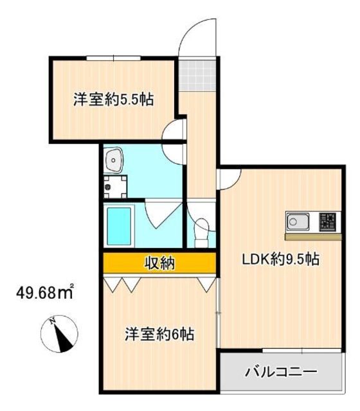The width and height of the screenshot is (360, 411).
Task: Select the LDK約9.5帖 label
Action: pos(281,260)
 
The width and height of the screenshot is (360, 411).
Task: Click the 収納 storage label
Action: pos(159,263)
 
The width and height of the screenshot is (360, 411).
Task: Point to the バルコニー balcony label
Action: pos(280,372)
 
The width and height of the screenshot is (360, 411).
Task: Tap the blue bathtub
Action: pos(118,226)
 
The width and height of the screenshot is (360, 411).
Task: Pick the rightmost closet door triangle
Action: pos(206,283)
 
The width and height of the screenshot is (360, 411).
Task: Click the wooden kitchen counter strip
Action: pos(313,236)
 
